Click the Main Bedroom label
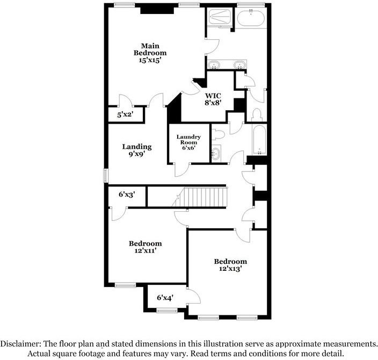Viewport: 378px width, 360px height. click(x=150, y=53)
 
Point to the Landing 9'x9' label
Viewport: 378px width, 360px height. click(x=137, y=149)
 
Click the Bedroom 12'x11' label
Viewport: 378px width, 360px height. click(x=146, y=247)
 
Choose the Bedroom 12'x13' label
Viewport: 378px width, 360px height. click(x=230, y=265)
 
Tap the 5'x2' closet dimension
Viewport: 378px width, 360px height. click(x=125, y=114)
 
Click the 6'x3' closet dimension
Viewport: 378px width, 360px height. click(x=127, y=196)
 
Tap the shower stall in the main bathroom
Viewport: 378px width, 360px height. click(x=220, y=19)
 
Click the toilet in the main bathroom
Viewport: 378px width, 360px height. click(x=257, y=114)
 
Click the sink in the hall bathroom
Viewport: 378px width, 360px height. click(x=216, y=154)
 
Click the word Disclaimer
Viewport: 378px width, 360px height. click(x=21, y=343)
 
